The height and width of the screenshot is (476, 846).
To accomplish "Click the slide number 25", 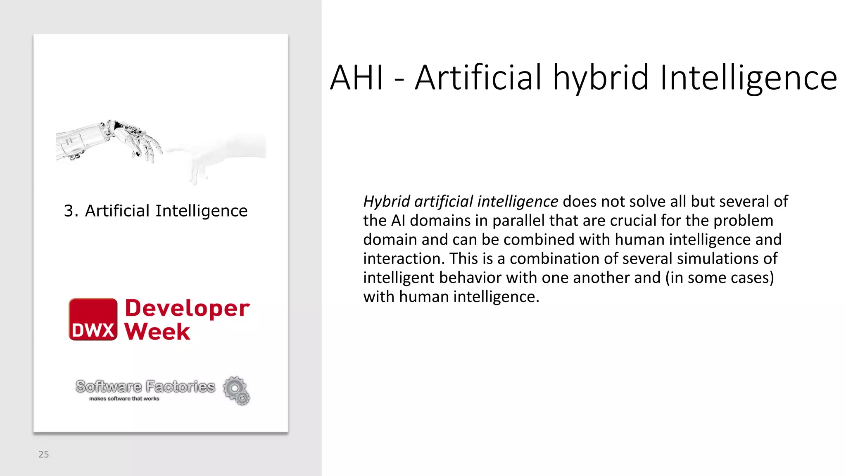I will coord(43,454).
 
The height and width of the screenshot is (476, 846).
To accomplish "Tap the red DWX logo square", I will coord(93,319).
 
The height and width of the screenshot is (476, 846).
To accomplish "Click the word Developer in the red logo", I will coord(187,308).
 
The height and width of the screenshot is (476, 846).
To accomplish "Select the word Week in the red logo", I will coord(157,331).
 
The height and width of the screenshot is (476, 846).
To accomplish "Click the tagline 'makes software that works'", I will coord(124,399).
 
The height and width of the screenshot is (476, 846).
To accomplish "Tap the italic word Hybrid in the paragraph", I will coord(386,202).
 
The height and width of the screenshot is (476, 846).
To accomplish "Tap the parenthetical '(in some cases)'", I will coord(719,278).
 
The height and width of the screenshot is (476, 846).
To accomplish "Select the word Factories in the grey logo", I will coord(181,387).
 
